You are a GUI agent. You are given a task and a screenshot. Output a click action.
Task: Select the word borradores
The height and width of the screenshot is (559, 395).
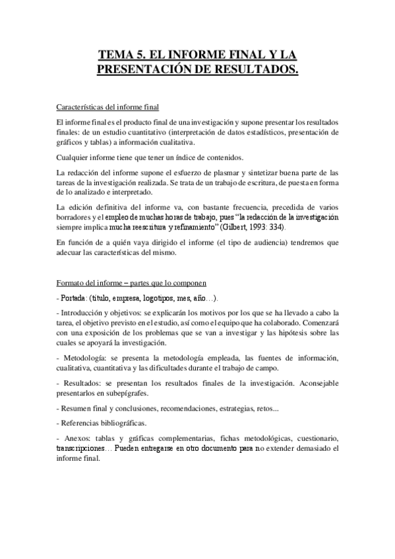point(74,217)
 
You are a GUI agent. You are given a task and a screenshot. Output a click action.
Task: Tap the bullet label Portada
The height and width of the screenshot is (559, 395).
point(73,298)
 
